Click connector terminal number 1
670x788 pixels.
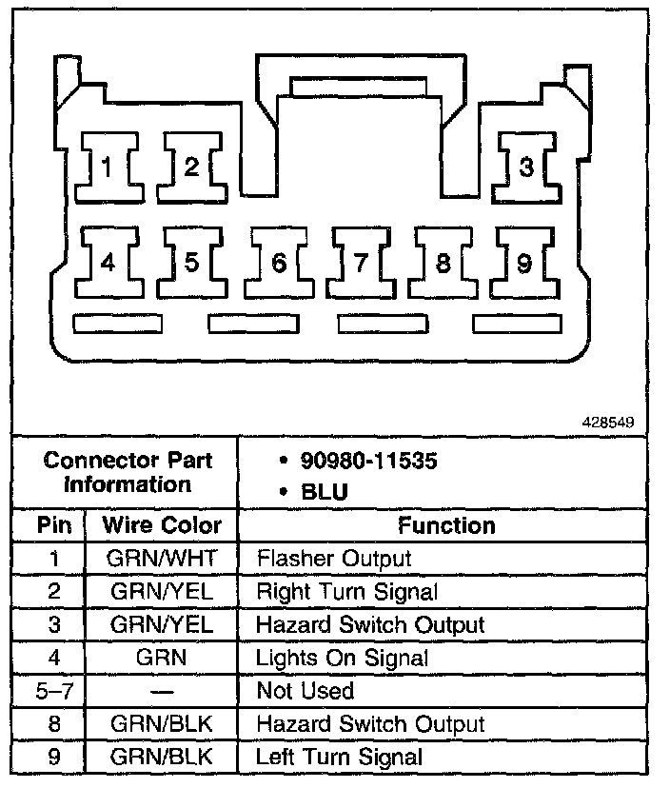(108, 167)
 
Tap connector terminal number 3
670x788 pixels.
(525, 167)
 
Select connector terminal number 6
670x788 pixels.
(278, 263)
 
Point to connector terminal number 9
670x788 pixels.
(524, 263)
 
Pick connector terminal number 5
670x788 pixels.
(191, 263)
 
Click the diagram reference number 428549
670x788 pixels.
(604, 420)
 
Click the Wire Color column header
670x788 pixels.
(162, 525)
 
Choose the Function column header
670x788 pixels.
(446, 525)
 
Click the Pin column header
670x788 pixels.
(49, 525)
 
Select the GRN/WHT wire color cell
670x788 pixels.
(162, 559)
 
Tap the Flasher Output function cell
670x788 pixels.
(334, 559)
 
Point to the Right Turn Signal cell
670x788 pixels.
(347, 592)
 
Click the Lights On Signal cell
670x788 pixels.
(343, 658)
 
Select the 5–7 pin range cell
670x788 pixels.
(49, 691)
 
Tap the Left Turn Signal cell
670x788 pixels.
(340, 758)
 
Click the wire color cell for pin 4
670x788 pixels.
(162, 658)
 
